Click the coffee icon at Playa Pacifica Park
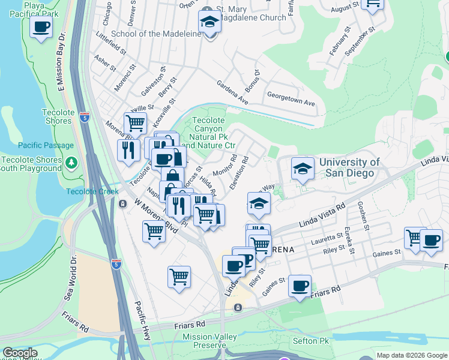(41, 28)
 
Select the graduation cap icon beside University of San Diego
(303, 170)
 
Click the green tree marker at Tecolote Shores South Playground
(71, 163)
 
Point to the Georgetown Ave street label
(291, 99)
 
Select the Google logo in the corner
(20, 353)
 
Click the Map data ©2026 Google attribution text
(412, 355)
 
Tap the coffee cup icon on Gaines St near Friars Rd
(300, 286)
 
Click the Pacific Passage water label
(46, 145)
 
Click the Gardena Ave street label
(232, 91)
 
